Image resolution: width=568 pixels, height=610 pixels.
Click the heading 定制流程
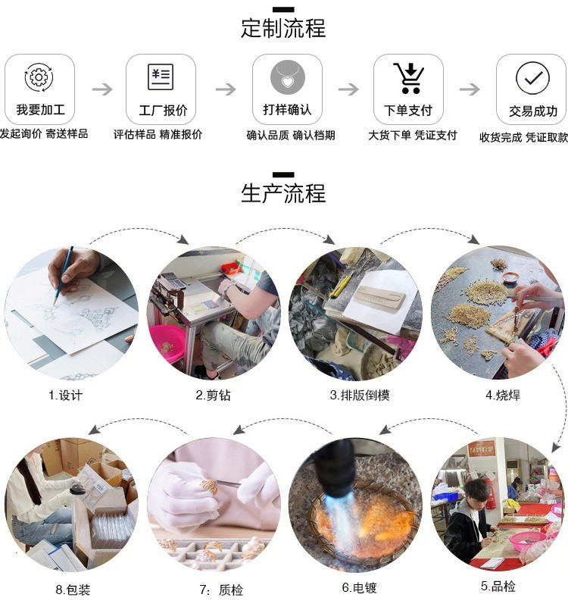coord(283,29)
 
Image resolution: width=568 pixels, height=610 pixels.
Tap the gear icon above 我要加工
coord(39,77)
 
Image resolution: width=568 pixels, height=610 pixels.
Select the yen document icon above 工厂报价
coord(161,77)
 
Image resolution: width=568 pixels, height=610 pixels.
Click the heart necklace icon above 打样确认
coord(287,77)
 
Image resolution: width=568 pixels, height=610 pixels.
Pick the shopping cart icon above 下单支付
coord(408,77)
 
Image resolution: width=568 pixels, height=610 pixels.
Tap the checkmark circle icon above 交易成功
coord(532,77)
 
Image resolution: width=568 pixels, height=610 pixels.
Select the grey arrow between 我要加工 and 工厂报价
coord(101,89)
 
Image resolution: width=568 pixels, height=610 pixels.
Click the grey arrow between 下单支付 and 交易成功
coord(470,89)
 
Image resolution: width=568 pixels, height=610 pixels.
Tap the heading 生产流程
coord(283,193)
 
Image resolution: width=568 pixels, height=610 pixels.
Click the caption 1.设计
coord(65,395)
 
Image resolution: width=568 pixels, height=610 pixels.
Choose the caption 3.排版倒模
coord(359,395)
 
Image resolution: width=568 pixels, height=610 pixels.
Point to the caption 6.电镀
coord(359,588)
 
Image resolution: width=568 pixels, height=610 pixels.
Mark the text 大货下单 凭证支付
coord(413,135)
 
